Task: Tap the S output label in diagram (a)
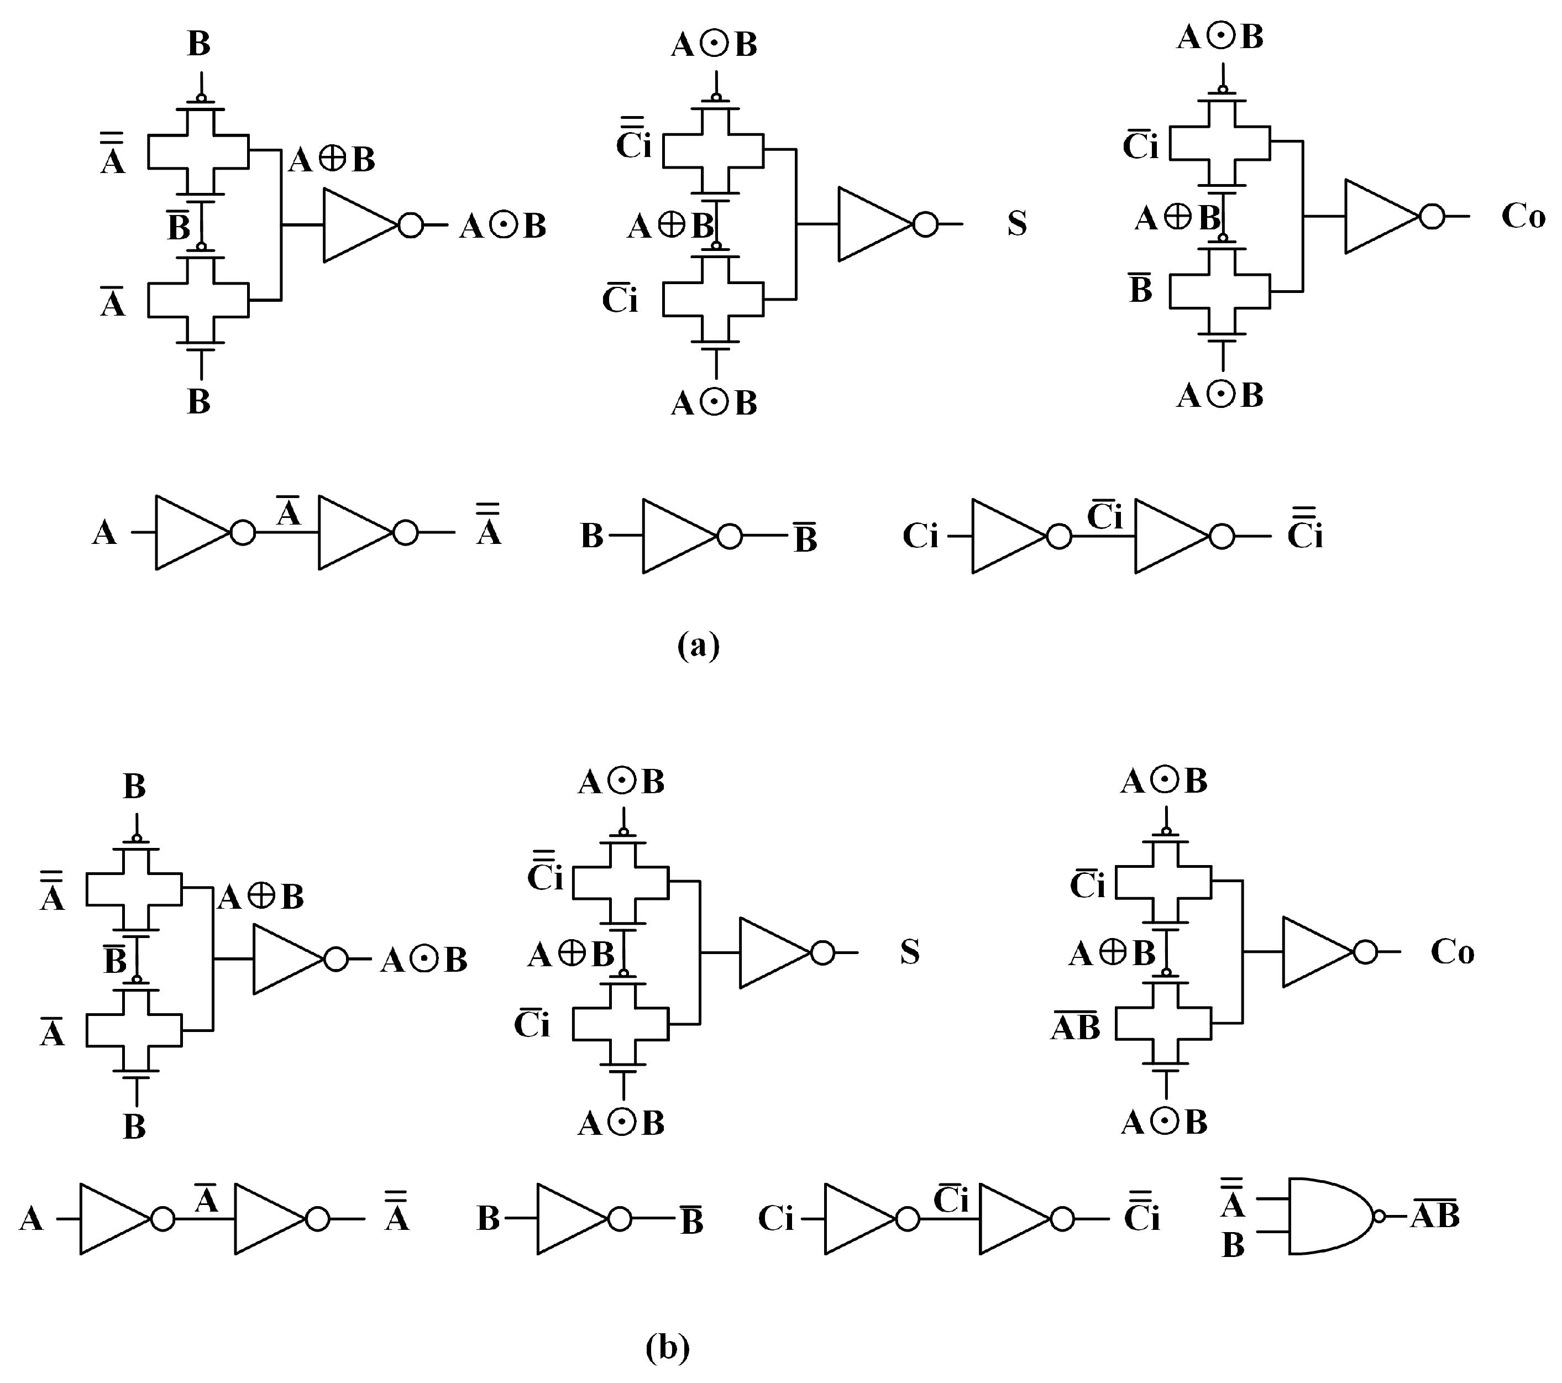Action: click(1016, 223)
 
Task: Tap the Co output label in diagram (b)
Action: click(1452, 952)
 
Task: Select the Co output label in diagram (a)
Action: click(1522, 217)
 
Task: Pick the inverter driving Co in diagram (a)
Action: click(1382, 216)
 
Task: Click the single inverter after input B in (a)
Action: click(680, 536)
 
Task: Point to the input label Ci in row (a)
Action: click(920, 536)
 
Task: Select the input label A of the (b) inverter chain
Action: click(30, 1219)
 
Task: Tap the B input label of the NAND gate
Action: click(1233, 1245)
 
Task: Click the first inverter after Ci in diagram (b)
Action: click(859, 1219)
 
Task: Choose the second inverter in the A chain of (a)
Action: click(355, 532)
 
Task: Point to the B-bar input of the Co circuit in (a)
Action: click(1140, 290)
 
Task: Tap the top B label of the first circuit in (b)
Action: click(134, 786)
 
